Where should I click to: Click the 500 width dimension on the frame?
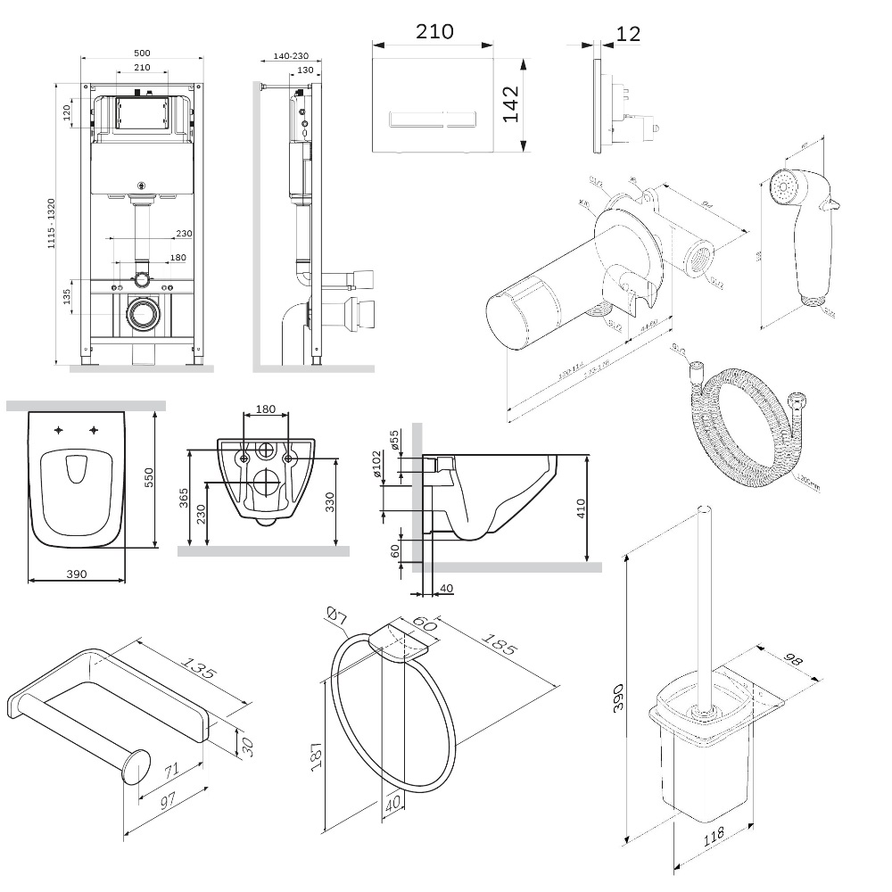point(143,53)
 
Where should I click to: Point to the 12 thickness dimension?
point(628,34)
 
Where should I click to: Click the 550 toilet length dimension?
point(162,479)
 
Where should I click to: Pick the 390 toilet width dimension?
point(77,574)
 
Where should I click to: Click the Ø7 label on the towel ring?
point(336,616)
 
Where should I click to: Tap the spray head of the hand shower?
point(783,189)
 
